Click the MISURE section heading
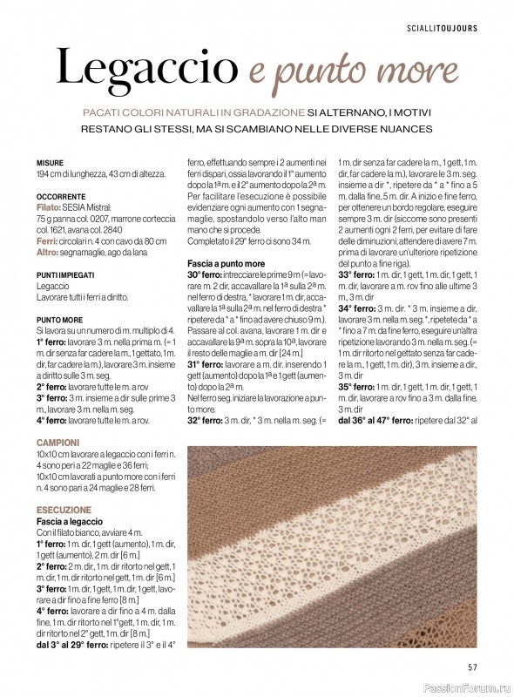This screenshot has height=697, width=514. click(x=51, y=163)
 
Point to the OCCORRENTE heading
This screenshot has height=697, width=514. click(x=61, y=198)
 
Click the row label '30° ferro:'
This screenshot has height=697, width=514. click(x=206, y=274)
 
